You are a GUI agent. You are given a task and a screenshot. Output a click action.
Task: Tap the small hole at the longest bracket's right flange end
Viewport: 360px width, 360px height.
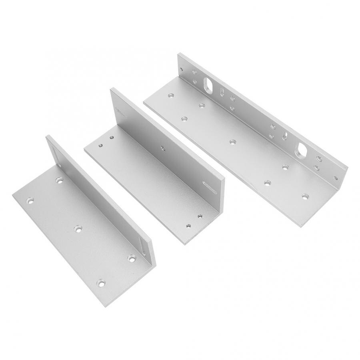tap(335, 178)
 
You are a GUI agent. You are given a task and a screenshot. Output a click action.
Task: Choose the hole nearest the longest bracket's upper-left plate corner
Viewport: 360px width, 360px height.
tap(171, 96)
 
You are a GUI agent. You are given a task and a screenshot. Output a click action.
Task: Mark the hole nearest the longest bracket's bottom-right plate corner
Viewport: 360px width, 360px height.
tap(305, 196)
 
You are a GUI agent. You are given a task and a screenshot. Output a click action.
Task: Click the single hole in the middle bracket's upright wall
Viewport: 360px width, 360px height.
tap(163, 148)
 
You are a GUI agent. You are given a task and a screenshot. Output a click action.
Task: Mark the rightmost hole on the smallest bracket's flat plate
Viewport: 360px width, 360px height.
tap(131, 258)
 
